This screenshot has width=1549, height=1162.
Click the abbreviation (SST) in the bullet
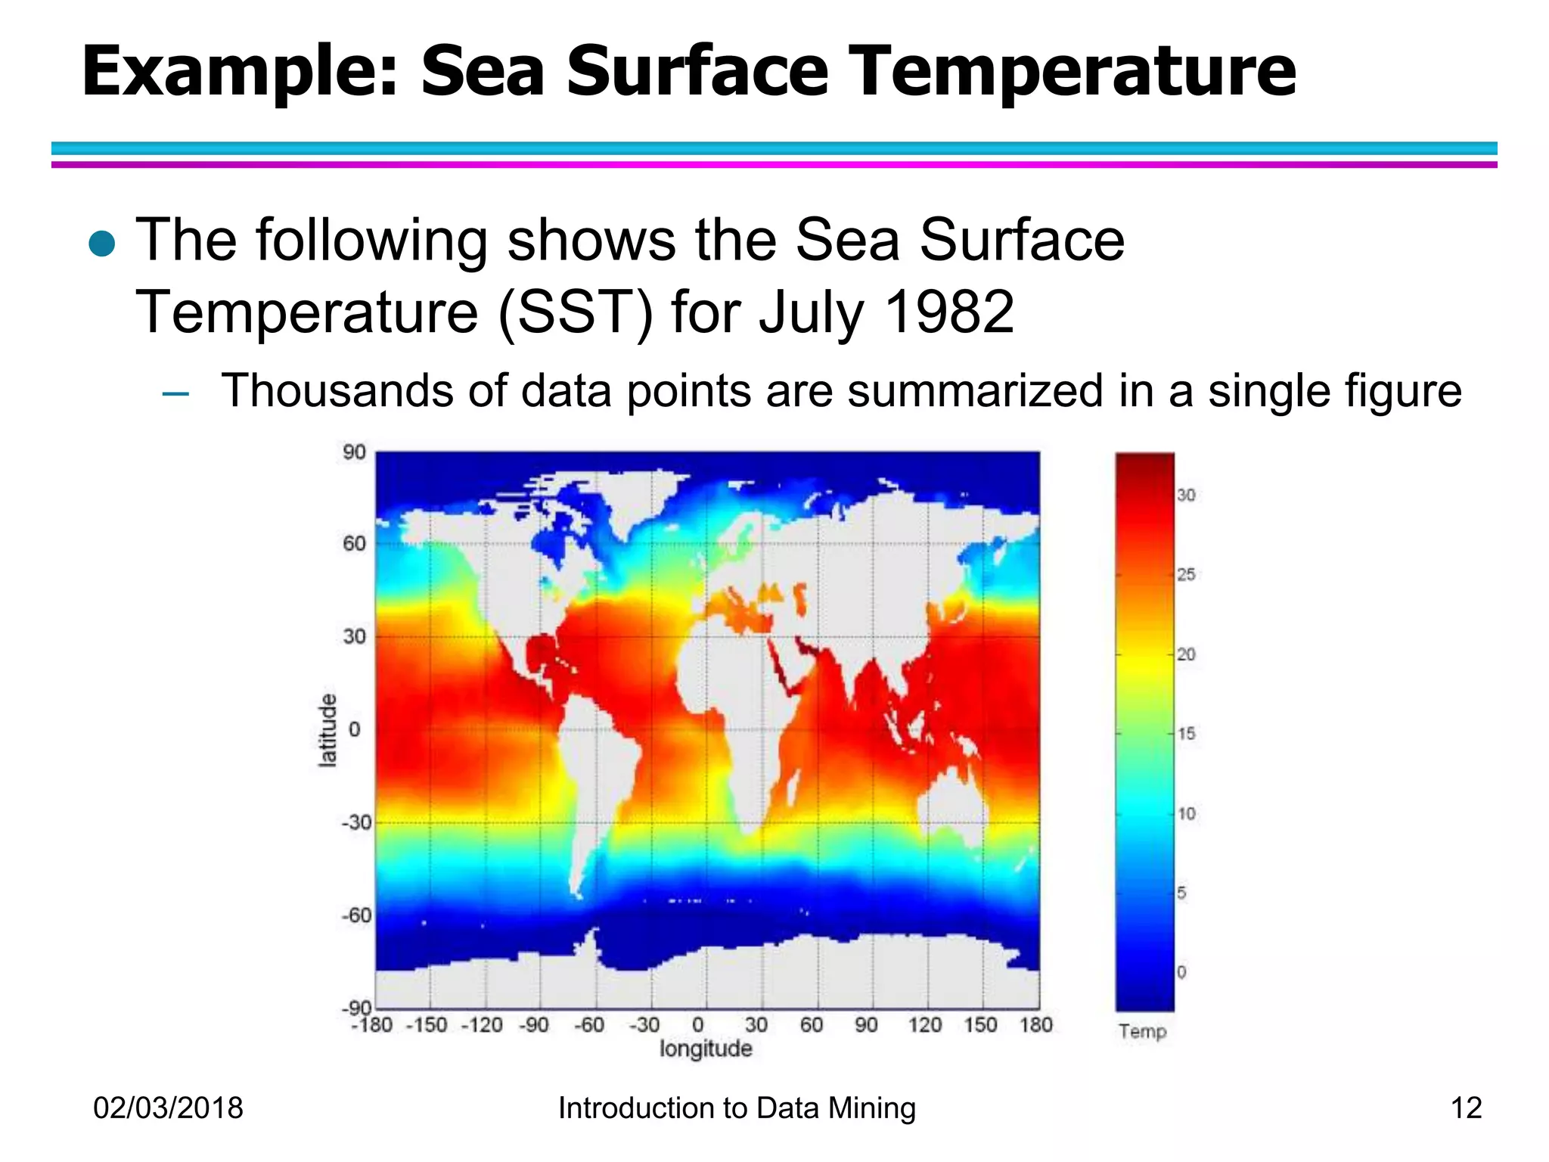[x=575, y=312]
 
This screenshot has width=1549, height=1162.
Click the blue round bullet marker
[x=101, y=244]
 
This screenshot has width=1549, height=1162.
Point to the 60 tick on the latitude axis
[x=354, y=543]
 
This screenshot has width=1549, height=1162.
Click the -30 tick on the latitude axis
[x=356, y=822]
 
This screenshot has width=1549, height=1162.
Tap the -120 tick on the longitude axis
[x=482, y=1025]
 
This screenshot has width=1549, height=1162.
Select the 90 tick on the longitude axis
[x=866, y=1025]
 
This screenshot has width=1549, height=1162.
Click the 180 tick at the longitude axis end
[x=1035, y=1025]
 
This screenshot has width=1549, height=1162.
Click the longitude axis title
[x=706, y=1049]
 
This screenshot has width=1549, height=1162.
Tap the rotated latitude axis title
[x=327, y=730]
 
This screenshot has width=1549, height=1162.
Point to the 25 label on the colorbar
[x=1186, y=575]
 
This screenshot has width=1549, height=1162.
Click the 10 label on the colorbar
[x=1186, y=814]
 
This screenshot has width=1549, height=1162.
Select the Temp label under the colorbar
[x=1143, y=1032]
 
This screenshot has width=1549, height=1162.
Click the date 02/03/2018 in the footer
[x=168, y=1108]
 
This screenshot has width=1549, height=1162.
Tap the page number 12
[x=1466, y=1108]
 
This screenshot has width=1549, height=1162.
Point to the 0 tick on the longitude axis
[x=698, y=1025]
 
